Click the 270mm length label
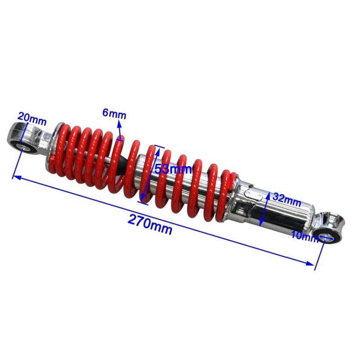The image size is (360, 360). [150, 224]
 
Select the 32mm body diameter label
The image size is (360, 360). [286, 201]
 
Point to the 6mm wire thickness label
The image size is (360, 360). [114, 114]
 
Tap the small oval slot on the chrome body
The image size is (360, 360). [252, 194]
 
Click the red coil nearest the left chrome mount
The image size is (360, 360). [58, 148]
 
